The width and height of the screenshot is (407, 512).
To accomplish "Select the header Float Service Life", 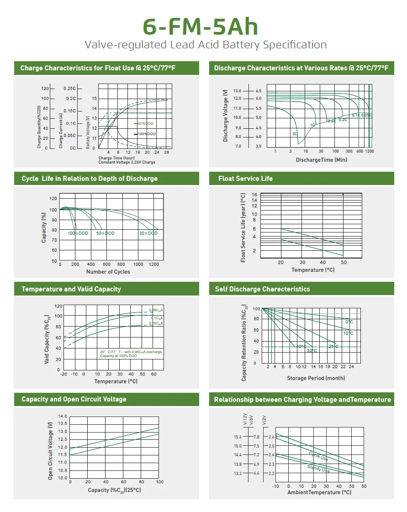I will pyautogui.click(x=245, y=179).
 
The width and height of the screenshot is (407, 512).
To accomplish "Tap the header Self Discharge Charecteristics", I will pyautogui.click(x=262, y=289).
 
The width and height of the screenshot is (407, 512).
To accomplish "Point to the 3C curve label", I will pyautogui.click(x=295, y=134).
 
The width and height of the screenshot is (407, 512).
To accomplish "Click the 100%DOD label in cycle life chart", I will pyautogui.click(x=78, y=233).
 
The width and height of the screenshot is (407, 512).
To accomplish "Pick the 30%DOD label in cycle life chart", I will pyautogui.click(x=148, y=233).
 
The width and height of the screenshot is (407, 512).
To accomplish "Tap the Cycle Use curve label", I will pyautogui.click(x=318, y=456).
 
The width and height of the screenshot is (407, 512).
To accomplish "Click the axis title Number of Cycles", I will pyautogui.click(x=108, y=272).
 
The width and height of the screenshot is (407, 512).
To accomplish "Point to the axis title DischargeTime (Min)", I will pyautogui.click(x=321, y=160).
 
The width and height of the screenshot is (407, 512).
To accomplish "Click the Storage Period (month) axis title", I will pyautogui.click(x=316, y=378).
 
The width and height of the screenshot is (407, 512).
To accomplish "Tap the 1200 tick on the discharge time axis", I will pyautogui.click(x=369, y=151).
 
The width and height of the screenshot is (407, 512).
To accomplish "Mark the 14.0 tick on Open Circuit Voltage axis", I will pyautogui.click(x=63, y=417).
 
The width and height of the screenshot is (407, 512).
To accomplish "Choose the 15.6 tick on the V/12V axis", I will pyautogui.click(x=238, y=437).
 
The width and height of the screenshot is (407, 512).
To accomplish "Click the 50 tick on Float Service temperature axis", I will pyautogui.click(x=344, y=263).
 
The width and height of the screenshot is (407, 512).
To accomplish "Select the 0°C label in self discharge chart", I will pyautogui.click(x=349, y=322).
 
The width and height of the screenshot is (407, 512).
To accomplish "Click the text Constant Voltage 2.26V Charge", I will pyautogui.click(x=127, y=162).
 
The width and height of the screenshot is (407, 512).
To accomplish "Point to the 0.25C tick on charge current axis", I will pyautogui.click(x=70, y=88).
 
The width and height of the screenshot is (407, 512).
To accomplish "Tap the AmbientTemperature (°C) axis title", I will pyautogui.click(x=319, y=492).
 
